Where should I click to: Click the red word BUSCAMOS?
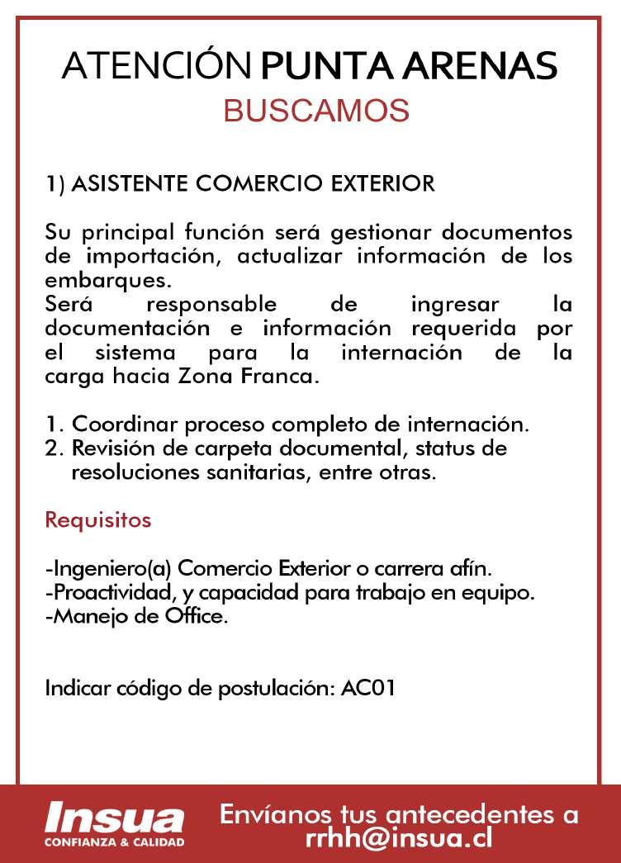tap(316, 111)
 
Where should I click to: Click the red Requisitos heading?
tap(98, 521)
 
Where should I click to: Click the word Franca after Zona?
tap(289, 379)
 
